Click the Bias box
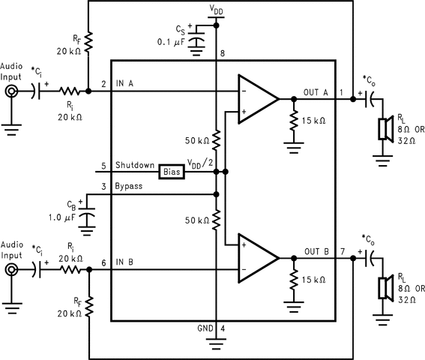[x=172, y=172]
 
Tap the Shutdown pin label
[x=135, y=165]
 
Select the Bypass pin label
[x=129, y=186]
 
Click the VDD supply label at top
[x=216, y=10]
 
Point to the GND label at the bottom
[x=205, y=328]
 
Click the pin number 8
[x=223, y=53]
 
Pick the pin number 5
[x=103, y=166]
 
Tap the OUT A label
[x=316, y=92]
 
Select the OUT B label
[x=316, y=252]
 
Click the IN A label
[x=124, y=83]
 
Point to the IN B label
[x=124, y=262]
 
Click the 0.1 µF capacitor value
[x=171, y=42]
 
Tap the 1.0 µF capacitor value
[x=62, y=217]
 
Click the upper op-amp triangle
[x=259, y=99]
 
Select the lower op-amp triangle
[x=259, y=258]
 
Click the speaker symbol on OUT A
[x=386, y=129]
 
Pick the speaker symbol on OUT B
[x=386, y=288]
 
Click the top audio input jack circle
[x=11, y=91]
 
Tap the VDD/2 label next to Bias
[x=200, y=163]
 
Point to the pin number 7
[x=343, y=252]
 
